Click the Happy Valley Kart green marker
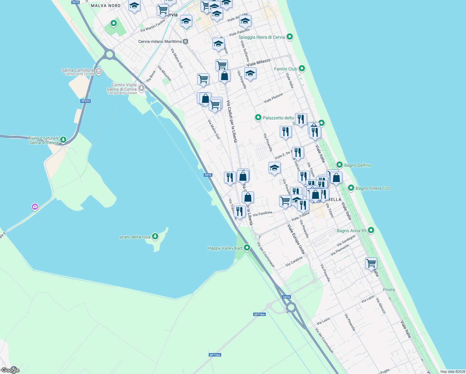click(x=247, y=248)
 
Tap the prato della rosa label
click(x=135, y=237)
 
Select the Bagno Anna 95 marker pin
click(x=371, y=230)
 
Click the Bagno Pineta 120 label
click(x=373, y=188)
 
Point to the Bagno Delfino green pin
click(x=339, y=165)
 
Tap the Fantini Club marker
click(x=302, y=68)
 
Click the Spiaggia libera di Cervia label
click(x=262, y=37)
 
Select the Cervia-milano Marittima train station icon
click(x=186, y=41)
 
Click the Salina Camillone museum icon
click(x=99, y=71)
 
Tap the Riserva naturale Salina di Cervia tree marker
click(x=63, y=139)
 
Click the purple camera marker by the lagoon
click(x=35, y=207)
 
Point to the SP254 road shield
click(x=85, y=101)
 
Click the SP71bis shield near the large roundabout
click(x=259, y=314)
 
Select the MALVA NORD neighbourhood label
click(x=106, y=6)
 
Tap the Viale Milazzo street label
click(x=259, y=62)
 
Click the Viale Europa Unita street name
click(x=296, y=239)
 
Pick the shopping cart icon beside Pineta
click(x=371, y=263)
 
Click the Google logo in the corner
click(x=10, y=370)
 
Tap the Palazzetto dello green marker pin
click(x=258, y=117)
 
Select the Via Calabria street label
click(x=294, y=261)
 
